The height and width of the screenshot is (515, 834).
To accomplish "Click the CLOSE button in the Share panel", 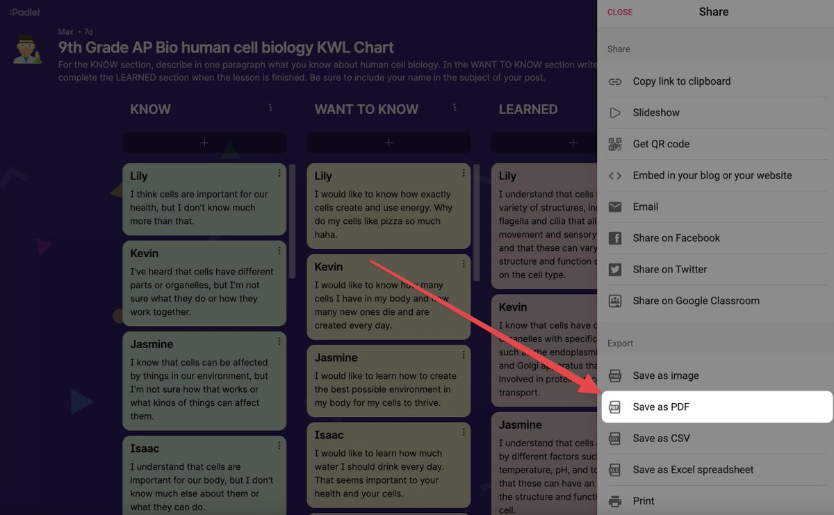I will coord(620,13).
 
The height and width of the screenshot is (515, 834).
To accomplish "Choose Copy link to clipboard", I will coord(681,81).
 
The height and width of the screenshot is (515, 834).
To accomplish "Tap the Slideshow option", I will coord(656,113).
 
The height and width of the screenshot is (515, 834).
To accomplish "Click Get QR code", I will coord(660,144).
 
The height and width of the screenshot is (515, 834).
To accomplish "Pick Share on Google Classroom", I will coord(696,301).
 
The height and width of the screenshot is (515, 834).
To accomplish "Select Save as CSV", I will coord(661,439).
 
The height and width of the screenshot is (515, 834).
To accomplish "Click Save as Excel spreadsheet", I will coord(693,470).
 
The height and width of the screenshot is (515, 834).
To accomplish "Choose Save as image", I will coord(665,376).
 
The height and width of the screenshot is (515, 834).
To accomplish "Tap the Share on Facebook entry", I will coord(676,238).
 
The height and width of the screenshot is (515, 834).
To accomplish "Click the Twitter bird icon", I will coord(615,270).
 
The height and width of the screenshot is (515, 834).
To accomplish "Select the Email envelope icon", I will coord(615,207).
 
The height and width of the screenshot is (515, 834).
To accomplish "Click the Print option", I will coord(643,501).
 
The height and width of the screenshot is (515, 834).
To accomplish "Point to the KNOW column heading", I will coord(150,109).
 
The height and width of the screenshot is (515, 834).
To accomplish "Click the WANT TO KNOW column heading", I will coord(366,109).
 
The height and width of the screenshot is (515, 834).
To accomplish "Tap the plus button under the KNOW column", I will coord(204,142).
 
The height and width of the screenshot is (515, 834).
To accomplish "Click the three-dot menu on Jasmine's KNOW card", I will coord(279,341).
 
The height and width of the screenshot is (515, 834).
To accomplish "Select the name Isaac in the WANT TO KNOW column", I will coord(329,435).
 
